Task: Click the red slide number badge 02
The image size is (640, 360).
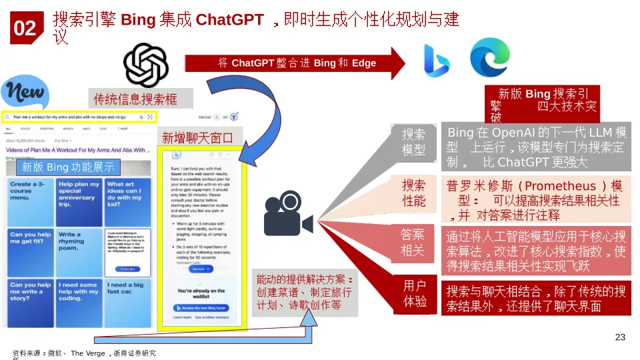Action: coord(25,28)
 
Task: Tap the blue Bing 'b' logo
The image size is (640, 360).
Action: coord(432,61)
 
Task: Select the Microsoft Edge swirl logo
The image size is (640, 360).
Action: coord(490,57)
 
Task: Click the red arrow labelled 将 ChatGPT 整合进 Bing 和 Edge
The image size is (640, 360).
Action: coord(297,63)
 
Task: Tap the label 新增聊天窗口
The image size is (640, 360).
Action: coord(197,138)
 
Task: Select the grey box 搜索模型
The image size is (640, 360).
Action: coord(413,142)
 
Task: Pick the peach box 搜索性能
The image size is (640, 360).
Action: coord(413,192)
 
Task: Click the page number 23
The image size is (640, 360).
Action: coord(620,337)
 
